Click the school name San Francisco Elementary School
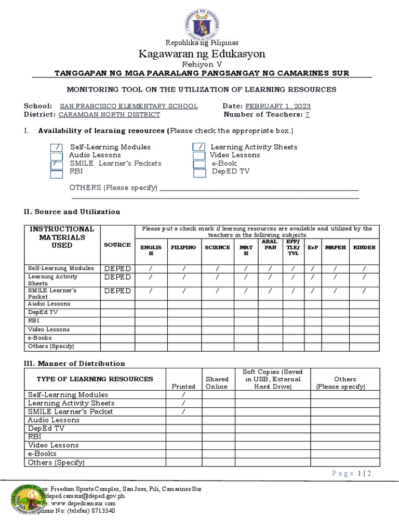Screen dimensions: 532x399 129,106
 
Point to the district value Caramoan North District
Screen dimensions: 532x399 109,114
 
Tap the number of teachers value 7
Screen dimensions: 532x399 307,114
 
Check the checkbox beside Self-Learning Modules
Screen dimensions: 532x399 57,148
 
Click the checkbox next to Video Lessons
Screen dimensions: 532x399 199,155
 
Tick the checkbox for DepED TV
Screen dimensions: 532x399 199,173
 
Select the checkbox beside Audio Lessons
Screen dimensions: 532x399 57,156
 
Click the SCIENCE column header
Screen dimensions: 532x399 217,247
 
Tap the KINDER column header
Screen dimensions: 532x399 364,247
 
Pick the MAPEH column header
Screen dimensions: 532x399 335,247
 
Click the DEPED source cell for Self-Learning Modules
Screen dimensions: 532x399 117,269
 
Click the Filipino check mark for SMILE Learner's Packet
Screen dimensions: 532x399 184,291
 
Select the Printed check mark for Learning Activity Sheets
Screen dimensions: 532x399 183,403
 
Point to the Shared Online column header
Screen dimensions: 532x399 217,383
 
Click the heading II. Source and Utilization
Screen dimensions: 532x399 72,211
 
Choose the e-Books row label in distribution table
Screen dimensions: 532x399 42,454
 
